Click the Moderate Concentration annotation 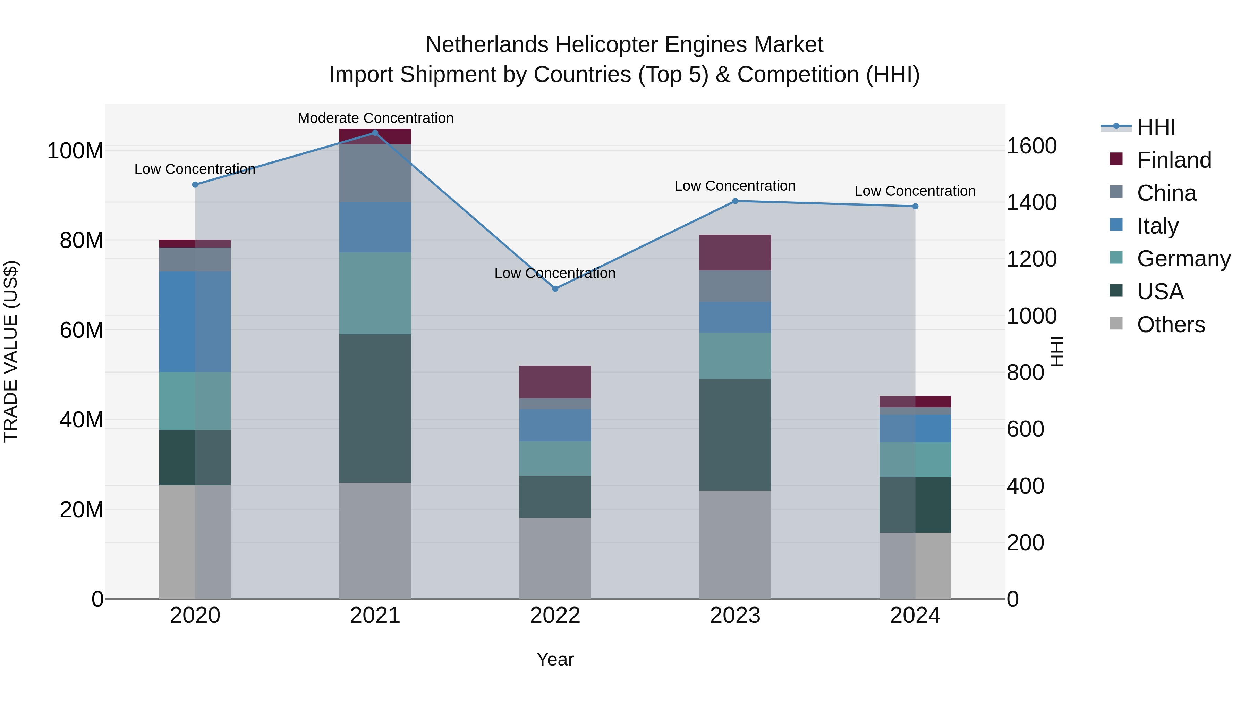pyautogui.click(x=375, y=118)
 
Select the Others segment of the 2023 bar pyautogui.click(x=735, y=544)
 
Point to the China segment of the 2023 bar pyautogui.click(x=735, y=286)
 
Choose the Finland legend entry pyautogui.click(x=1173, y=160)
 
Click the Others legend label pyautogui.click(x=1171, y=325)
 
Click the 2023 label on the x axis pyautogui.click(x=735, y=616)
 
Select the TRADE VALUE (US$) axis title pyautogui.click(x=11, y=351)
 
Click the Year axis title pyautogui.click(x=555, y=659)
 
